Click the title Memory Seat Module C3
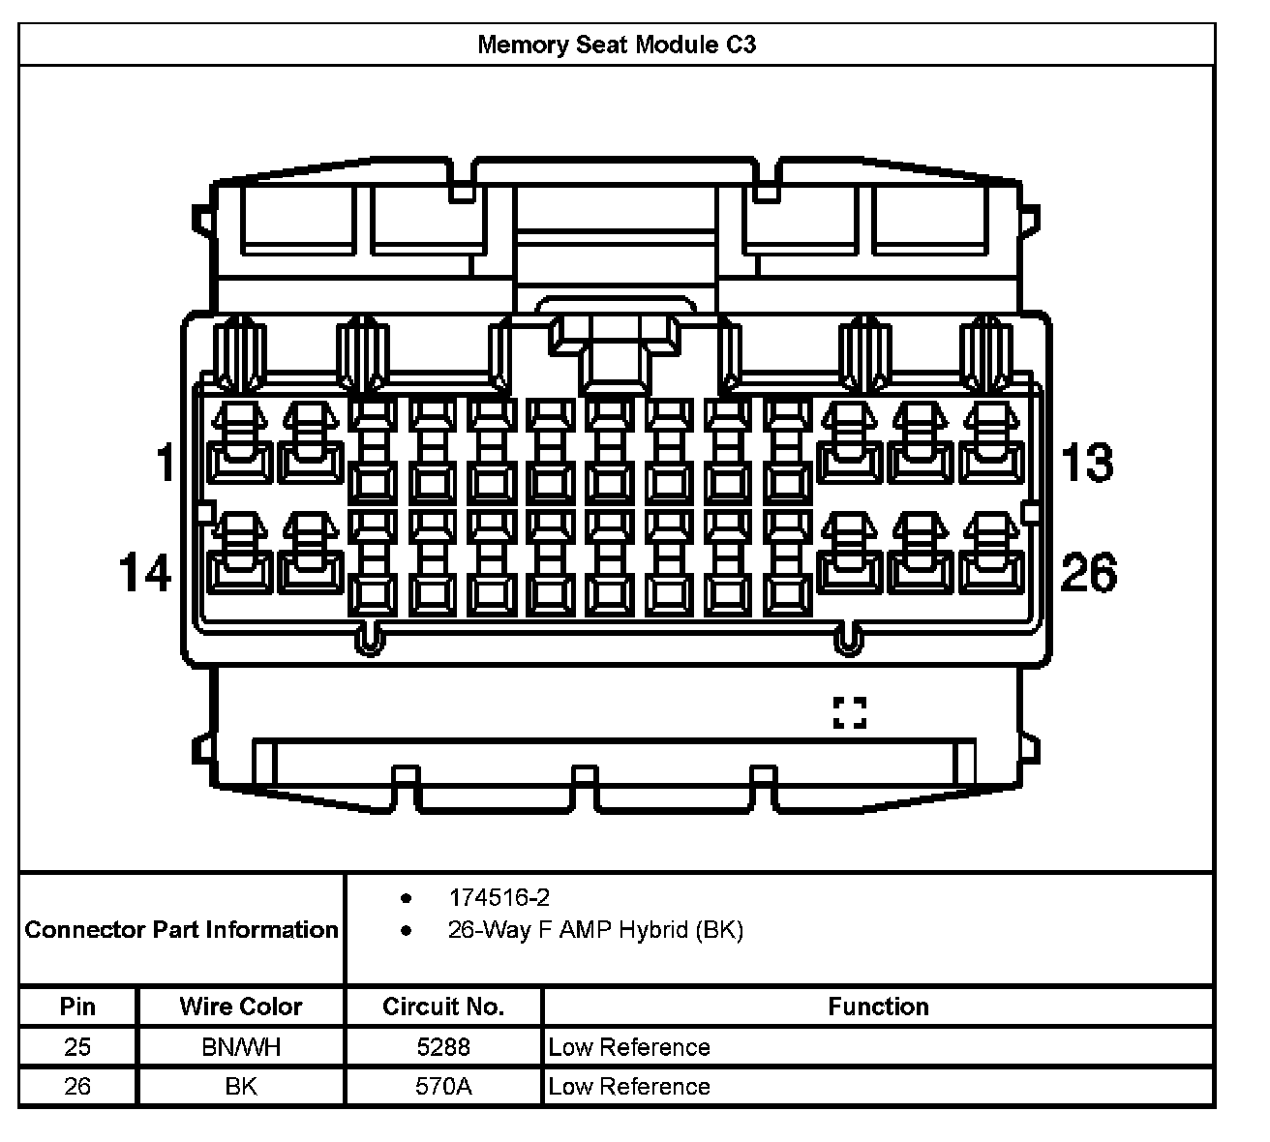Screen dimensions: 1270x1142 (617, 45)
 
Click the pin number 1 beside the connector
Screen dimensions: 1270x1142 (166, 462)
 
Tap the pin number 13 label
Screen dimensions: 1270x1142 (1086, 462)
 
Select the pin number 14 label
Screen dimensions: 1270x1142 (145, 572)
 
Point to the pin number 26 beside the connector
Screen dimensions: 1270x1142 (1089, 572)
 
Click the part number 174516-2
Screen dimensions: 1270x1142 (499, 898)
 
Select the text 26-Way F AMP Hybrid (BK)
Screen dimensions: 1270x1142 (595, 930)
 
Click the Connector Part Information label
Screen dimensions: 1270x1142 (181, 929)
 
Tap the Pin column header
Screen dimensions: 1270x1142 (77, 1007)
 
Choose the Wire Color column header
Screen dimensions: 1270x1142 (241, 1007)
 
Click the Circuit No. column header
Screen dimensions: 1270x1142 (443, 1007)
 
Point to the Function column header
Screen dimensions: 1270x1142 (878, 1007)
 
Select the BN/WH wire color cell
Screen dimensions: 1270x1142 (241, 1047)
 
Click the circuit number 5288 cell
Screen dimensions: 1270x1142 (443, 1047)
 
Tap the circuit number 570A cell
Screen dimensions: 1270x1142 (443, 1086)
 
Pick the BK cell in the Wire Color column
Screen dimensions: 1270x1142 (241, 1086)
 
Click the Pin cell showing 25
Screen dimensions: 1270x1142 (77, 1047)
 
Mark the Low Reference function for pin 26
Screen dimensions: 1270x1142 (628, 1086)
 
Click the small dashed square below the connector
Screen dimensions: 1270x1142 (850, 713)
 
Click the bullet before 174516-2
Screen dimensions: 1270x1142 (406, 898)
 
